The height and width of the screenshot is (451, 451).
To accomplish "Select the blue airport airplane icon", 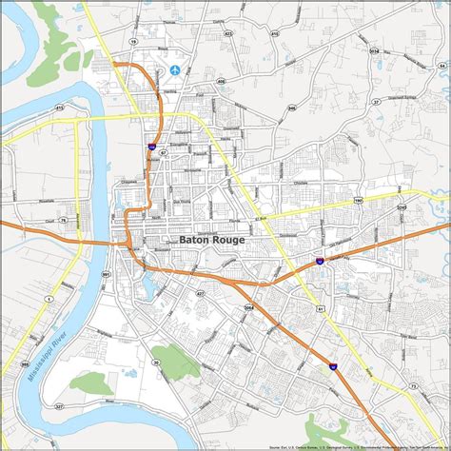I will coord(175,69).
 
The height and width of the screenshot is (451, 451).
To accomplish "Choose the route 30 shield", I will coord(155,336).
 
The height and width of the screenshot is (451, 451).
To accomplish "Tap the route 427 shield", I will coord(201,294).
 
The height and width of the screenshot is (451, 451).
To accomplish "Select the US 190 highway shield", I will coord(359,201).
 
